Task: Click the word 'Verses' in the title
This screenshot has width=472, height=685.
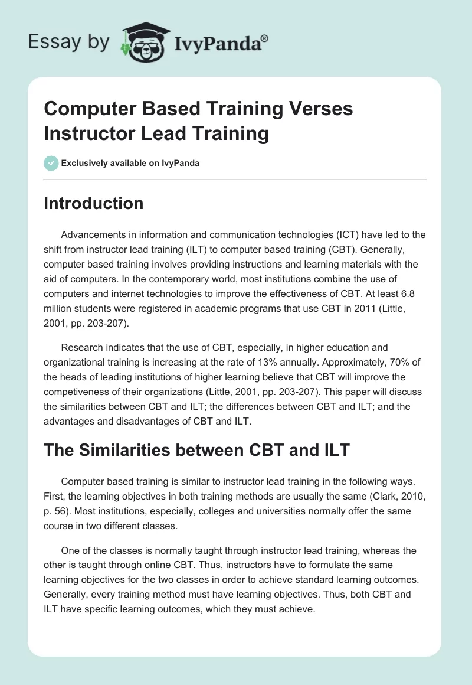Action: tap(317, 109)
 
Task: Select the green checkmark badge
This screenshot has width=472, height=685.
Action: tap(51, 163)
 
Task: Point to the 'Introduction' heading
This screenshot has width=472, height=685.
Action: tap(93, 203)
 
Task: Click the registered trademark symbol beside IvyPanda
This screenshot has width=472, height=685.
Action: tap(265, 37)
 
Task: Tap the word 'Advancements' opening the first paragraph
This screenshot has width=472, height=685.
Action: tap(93, 234)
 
